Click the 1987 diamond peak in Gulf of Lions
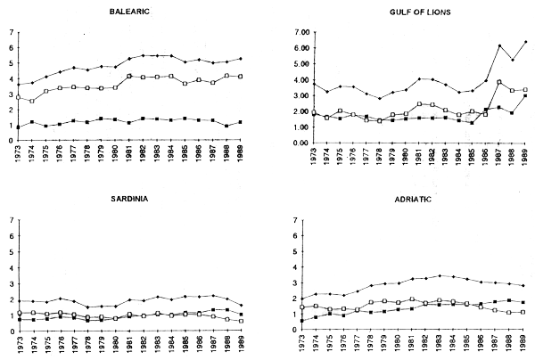(499, 45)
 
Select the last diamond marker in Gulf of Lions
(525, 42)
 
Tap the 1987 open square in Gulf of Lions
(499, 82)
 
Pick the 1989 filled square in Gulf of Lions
(525, 95)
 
